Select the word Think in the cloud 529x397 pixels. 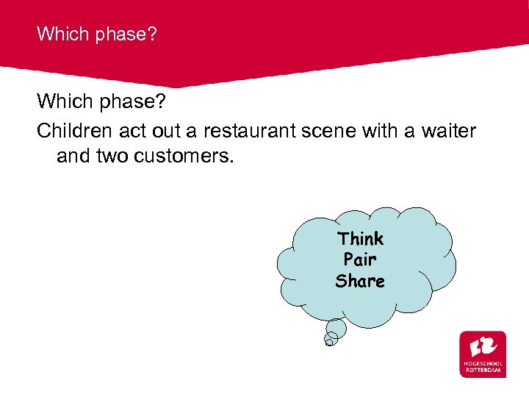(360, 239)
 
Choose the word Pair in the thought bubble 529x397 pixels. (360, 260)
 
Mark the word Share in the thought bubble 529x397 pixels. (360, 281)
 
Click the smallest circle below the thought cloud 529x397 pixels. (331, 339)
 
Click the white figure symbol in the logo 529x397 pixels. (483, 346)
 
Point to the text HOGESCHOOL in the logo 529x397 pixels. (483, 363)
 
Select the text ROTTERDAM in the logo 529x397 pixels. (483, 370)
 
